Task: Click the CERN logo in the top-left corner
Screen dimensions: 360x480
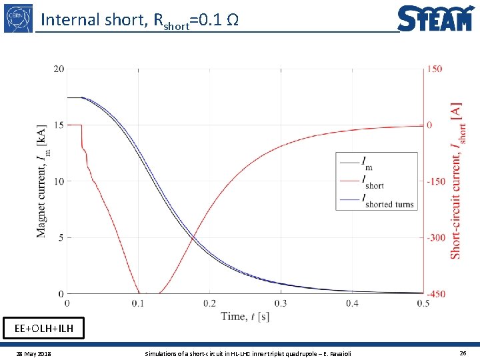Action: click(x=18, y=17)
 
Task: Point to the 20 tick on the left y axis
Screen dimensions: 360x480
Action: click(x=59, y=69)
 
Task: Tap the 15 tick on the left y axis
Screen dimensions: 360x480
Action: click(x=59, y=125)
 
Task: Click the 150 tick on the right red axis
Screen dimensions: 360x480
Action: click(x=435, y=69)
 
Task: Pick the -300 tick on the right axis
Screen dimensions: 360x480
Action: click(x=435, y=237)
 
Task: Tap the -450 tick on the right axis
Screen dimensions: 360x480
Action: click(x=435, y=293)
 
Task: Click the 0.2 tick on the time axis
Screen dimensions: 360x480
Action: click(x=209, y=303)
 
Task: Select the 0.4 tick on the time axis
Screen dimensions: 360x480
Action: click(x=352, y=303)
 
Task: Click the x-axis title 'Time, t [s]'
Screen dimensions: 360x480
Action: click(x=245, y=317)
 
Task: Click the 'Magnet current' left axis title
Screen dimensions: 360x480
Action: click(x=42, y=180)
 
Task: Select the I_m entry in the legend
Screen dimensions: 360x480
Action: click(x=367, y=161)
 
